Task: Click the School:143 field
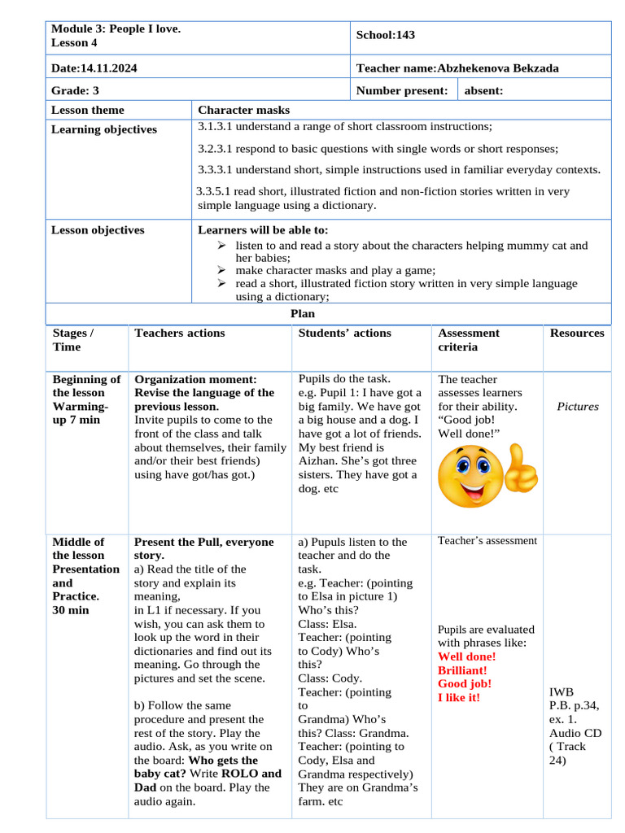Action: (x=386, y=35)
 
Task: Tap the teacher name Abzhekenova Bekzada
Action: (x=498, y=68)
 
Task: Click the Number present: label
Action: (x=402, y=91)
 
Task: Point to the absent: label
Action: (x=483, y=91)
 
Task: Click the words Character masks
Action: (x=244, y=110)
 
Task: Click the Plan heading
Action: (x=303, y=313)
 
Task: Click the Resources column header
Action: (x=577, y=333)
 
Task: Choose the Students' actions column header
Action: (x=345, y=333)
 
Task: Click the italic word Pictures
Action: (x=578, y=406)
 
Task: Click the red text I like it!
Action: (x=459, y=697)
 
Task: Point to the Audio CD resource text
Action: (x=575, y=733)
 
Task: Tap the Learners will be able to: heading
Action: (x=264, y=230)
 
